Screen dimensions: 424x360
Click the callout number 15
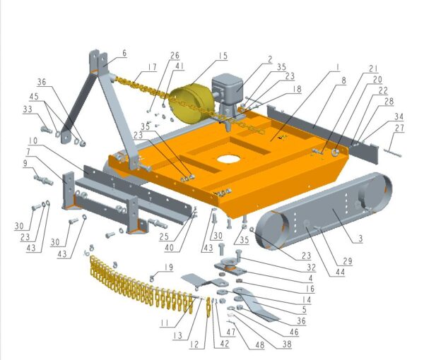223,56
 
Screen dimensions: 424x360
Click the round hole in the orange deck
228,159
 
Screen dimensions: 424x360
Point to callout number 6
124,53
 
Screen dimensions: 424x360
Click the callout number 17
152,67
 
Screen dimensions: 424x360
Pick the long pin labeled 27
392,152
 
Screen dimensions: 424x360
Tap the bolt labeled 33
47,130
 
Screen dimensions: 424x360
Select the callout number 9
25,163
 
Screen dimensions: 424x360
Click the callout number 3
360,239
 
